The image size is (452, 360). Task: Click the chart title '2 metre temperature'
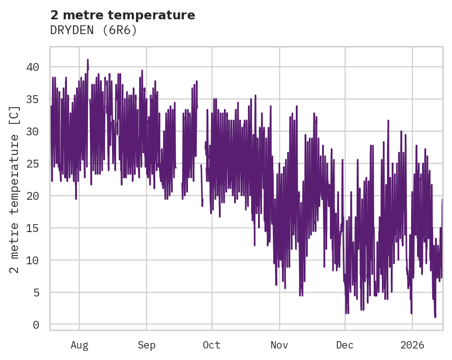(123, 15)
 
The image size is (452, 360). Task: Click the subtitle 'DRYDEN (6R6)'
(94, 30)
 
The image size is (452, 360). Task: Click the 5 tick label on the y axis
(36, 293)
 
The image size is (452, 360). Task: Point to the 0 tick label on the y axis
(36, 325)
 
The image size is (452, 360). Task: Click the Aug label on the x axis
(79, 345)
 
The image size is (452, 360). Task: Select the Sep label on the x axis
(147, 345)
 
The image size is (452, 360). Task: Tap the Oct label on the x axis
(212, 345)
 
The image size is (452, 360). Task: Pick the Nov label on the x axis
(279, 345)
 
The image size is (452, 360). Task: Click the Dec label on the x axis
(345, 345)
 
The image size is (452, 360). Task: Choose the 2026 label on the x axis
(412, 345)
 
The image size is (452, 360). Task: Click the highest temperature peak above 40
(88, 60)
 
